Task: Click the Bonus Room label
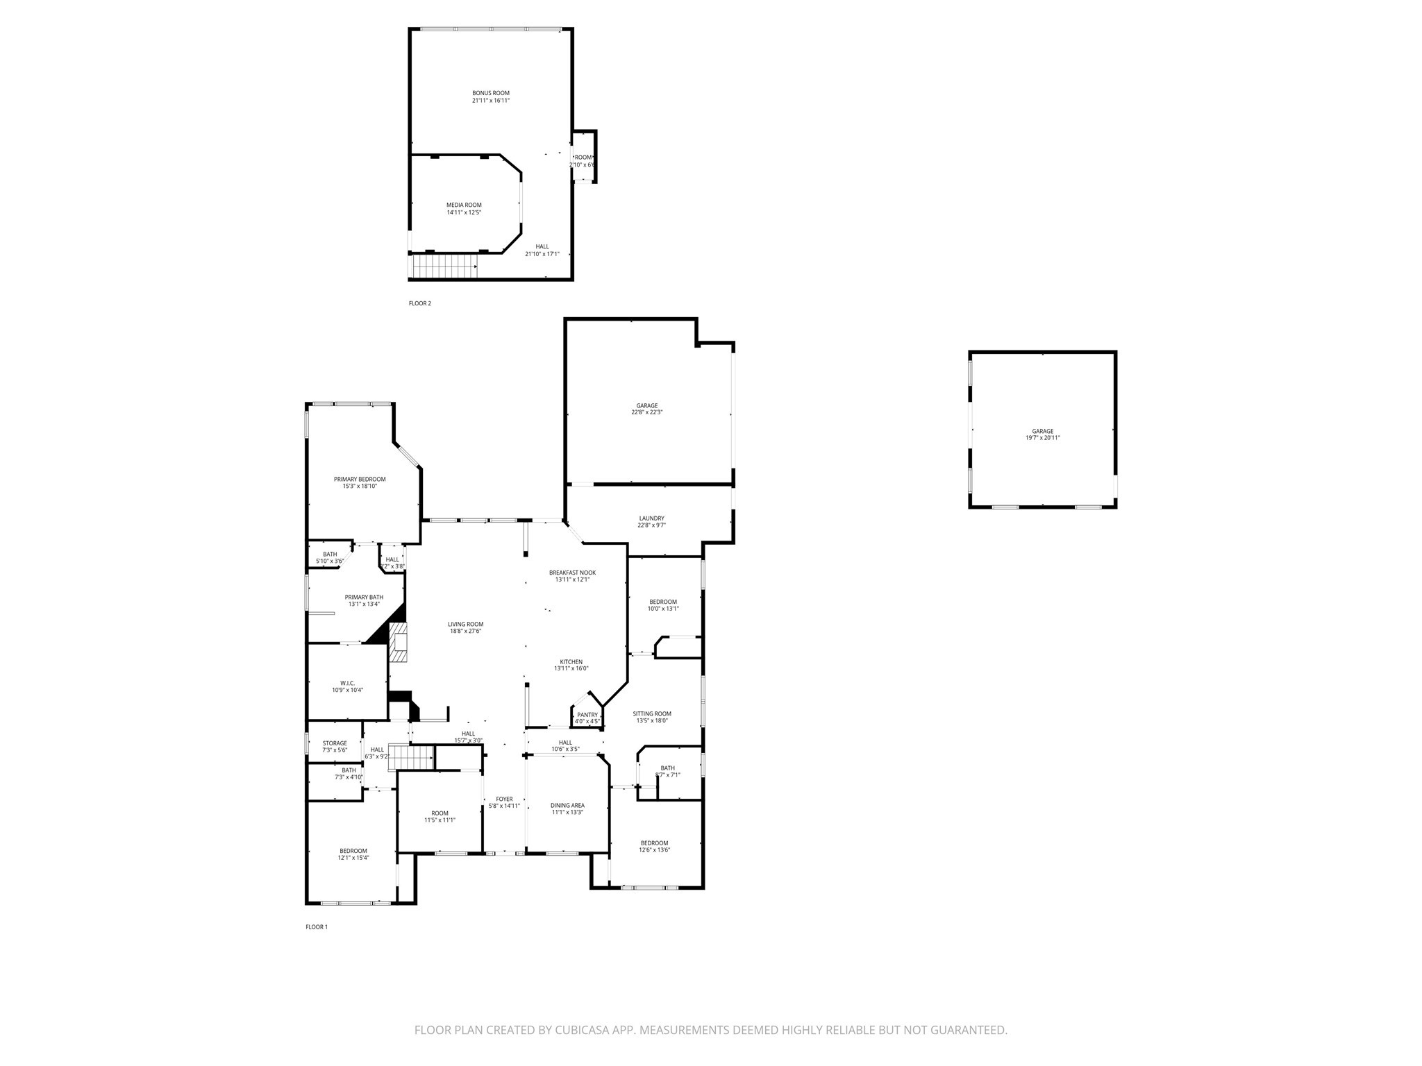[x=491, y=93]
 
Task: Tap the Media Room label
[x=464, y=205]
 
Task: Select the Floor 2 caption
[x=419, y=303]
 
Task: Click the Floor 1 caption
[x=316, y=927]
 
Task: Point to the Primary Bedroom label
[x=360, y=479]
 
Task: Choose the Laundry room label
[x=651, y=518]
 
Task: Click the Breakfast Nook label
[x=572, y=573]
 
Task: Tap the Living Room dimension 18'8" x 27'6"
[x=465, y=631]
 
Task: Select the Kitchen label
[x=571, y=661]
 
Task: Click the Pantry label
[x=587, y=715]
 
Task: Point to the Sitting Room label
[x=652, y=713]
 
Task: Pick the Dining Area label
[x=568, y=805]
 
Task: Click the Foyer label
[x=504, y=799]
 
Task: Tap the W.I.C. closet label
[x=347, y=683]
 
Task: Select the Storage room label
[x=335, y=743]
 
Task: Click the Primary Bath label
[x=364, y=597]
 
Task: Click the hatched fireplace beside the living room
[x=399, y=643]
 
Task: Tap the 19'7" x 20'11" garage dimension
[x=1042, y=438]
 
